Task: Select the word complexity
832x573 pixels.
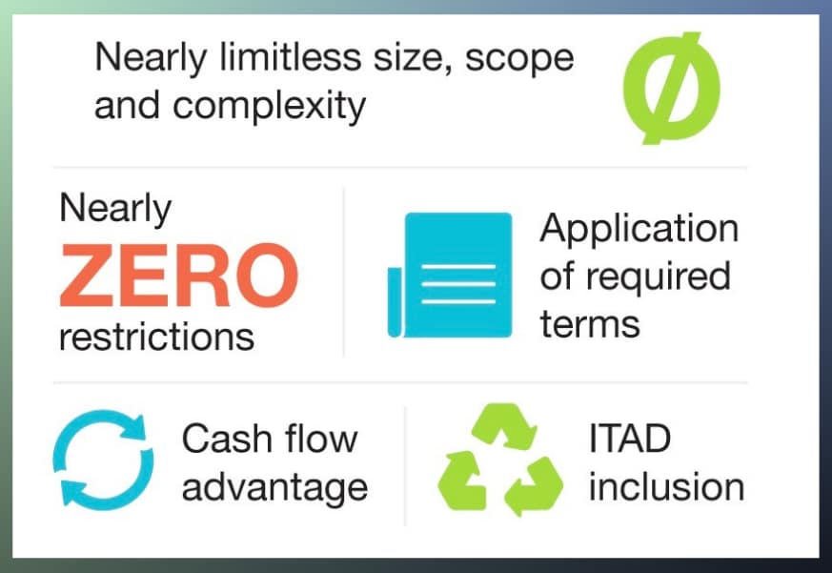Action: click(269, 106)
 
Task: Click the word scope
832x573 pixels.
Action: click(519, 59)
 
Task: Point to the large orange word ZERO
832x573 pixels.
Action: click(179, 276)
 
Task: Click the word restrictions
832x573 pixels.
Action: click(156, 338)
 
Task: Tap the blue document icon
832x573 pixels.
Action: click(450, 276)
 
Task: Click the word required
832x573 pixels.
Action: click(659, 278)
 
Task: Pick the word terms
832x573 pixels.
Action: click(590, 324)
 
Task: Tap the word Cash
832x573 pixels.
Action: click(227, 440)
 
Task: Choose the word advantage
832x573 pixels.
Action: click(274, 488)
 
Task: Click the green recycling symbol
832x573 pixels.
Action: click(500, 460)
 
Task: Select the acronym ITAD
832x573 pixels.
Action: click(630, 440)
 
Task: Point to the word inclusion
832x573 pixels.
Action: click(666, 486)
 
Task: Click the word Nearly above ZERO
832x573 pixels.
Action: click(115, 209)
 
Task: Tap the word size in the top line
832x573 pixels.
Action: click(414, 58)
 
